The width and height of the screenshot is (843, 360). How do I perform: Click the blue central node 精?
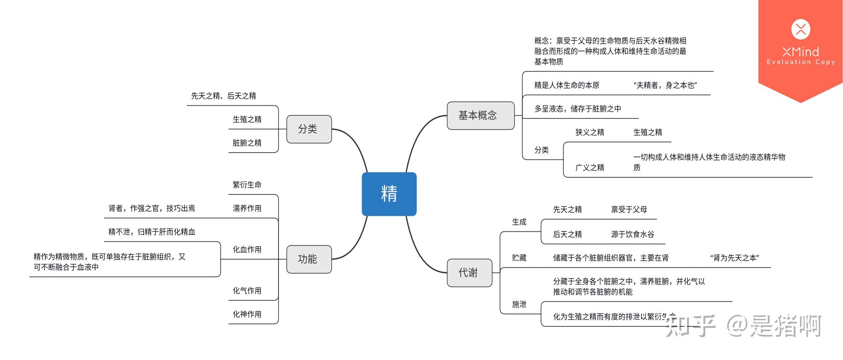coord(389,194)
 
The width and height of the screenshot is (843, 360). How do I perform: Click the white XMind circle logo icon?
coord(800,29)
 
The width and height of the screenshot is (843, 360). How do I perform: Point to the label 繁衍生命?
coord(247,185)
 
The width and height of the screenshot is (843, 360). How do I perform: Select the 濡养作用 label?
coord(247,209)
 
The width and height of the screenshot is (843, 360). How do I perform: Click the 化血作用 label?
coord(247,250)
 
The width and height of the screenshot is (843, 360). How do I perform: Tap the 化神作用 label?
coord(247,314)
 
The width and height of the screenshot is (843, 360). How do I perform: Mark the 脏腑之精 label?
coord(247,143)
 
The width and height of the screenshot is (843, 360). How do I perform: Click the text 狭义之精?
coord(590,132)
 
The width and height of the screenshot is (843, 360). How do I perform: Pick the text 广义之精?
coord(590,167)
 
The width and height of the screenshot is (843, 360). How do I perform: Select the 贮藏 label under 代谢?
coord(519,258)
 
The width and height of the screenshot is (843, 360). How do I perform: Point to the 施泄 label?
coord(519,304)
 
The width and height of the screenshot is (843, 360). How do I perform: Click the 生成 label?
coord(519,222)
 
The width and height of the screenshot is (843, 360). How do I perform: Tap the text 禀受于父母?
coord(629,209)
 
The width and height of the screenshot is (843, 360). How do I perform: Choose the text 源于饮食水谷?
coord(632,234)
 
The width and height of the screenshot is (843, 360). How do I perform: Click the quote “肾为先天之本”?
coord(734,258)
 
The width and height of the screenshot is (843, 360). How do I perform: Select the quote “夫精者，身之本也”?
coord(665,85)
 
